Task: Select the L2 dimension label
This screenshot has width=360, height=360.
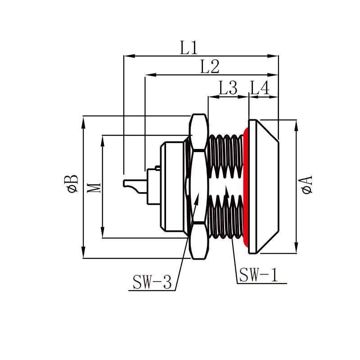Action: coord(210,67)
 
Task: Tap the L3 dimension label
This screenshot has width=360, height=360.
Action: coord(228,88)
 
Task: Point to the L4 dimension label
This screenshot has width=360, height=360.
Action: coord(260,88)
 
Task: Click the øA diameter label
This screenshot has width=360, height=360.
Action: coord(307,185)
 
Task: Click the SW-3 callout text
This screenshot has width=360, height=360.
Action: coord(152,283)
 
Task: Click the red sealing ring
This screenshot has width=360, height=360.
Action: coord(246,187)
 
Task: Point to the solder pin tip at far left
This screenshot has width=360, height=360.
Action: coord(125,183)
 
